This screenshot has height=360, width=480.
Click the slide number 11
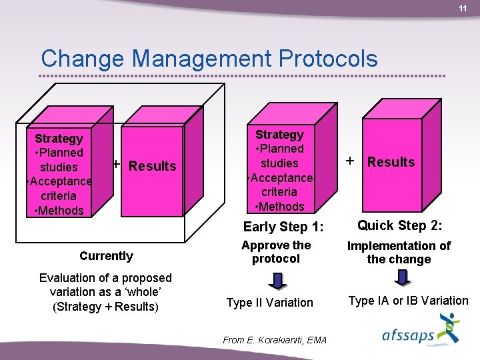462,9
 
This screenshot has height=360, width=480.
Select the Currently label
106,256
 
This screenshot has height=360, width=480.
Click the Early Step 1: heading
283,227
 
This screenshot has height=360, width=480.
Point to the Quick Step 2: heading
400,225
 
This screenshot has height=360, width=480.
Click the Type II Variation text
269,303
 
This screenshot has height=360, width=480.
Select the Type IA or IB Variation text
408,301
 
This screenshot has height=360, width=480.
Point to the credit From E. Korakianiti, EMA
275,340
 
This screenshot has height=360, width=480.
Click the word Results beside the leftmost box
152,166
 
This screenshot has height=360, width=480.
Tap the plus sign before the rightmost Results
349,161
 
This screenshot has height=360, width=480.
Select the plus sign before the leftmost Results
117,164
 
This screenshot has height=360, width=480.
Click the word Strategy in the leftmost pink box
59,139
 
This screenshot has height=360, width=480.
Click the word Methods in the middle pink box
280,207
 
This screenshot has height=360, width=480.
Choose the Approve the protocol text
276,252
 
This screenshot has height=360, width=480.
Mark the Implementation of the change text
399,253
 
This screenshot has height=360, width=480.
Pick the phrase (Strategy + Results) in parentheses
105,307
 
